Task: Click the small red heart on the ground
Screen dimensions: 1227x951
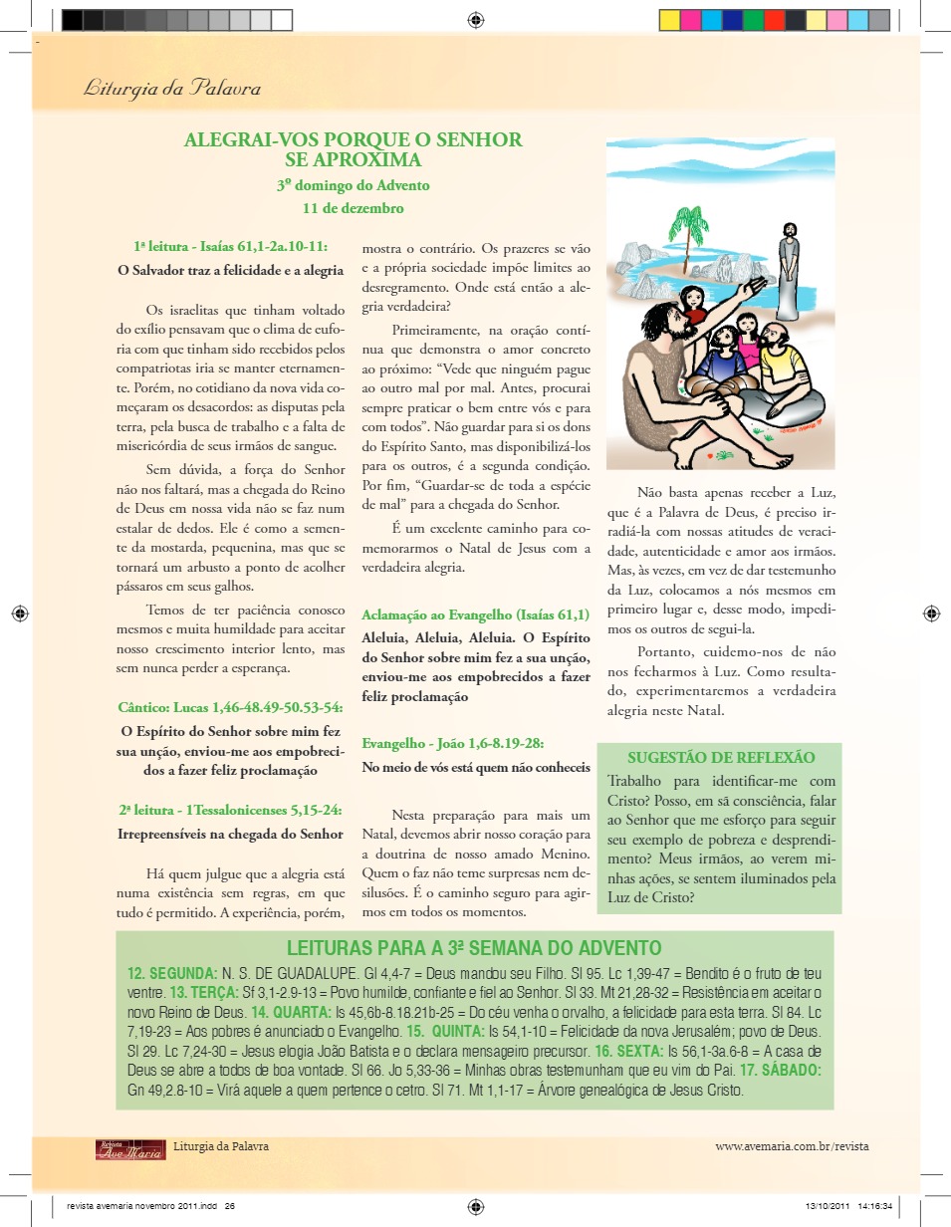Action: pos(709,456)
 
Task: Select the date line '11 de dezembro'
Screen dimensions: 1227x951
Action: pos(354,208)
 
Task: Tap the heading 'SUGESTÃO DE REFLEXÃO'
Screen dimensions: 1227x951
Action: pos(721,758)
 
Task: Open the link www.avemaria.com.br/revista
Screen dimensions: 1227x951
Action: pos(792,1146)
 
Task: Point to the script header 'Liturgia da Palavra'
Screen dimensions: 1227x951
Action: pos(172,88)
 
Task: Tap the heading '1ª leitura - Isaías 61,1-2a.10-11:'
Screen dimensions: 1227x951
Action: pos(230,245)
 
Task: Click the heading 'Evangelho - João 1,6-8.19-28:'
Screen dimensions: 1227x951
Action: pos(453,743)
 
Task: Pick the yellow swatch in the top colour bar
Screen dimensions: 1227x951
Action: pos(669,20)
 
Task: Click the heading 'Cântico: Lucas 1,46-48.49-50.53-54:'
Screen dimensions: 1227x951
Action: pos(230,707)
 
